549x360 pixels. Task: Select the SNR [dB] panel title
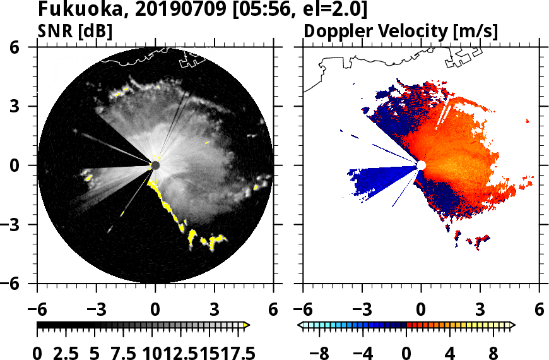[75, 32]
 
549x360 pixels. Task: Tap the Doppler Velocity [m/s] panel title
[401, 32]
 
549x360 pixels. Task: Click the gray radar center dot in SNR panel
[155, 165]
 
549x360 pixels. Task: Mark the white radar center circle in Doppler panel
[421, 165]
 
